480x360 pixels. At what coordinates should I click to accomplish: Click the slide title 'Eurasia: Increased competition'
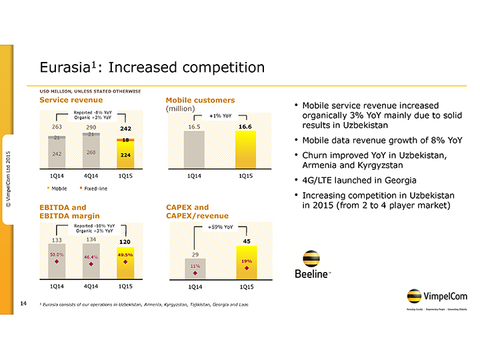coord(152,67)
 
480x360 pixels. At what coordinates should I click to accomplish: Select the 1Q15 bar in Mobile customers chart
coord(245,151)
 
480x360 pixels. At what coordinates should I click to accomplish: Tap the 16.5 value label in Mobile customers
coord(194,125)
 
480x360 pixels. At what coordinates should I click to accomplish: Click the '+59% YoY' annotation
coord(220,227)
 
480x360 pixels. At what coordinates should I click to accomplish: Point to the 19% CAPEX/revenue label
coord(246,261)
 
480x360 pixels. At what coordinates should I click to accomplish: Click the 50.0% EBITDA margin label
coord(57,254)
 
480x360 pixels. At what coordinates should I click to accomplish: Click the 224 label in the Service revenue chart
coord(125,155)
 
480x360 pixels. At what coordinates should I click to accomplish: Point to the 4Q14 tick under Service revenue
coord(91,176)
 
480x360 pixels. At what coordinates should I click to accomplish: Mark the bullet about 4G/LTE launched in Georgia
coord(359,181)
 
